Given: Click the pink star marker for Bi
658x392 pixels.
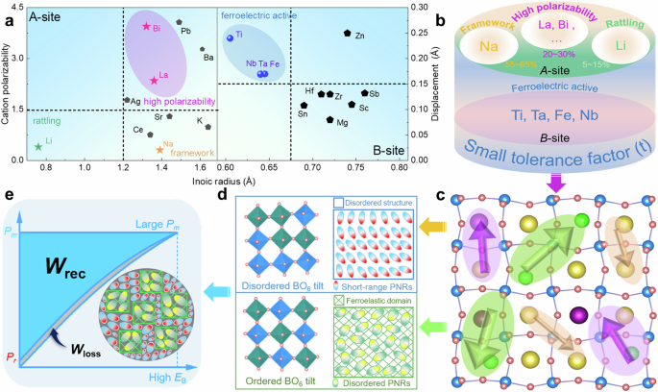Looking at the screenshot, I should pos(145,26).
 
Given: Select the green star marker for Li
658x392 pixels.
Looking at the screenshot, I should pos(38,146).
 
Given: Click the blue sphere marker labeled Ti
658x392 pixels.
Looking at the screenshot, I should pos(231,37).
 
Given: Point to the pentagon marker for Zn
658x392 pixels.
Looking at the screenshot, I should pos(348,34).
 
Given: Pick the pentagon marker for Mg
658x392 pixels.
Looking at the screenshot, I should pos(329,120).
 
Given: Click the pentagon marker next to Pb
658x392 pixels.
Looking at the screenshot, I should pos(179,21).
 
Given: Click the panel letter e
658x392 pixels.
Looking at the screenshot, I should pos(10,195).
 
